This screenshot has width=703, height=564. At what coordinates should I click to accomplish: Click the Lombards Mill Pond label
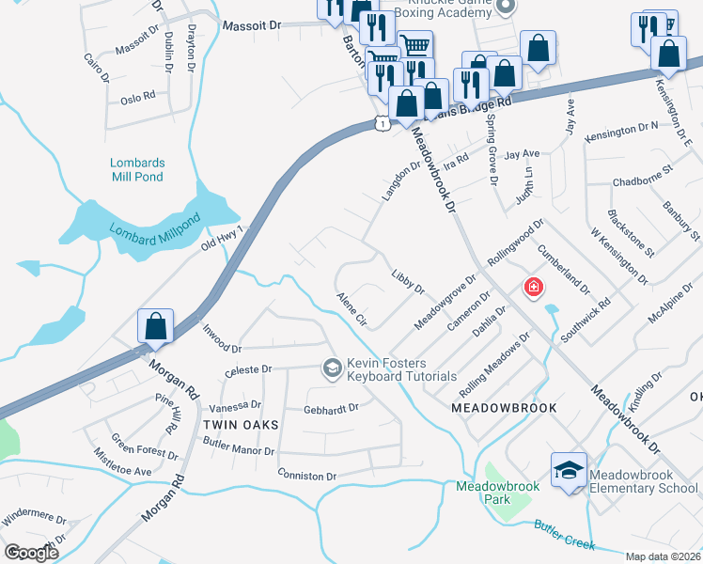136,169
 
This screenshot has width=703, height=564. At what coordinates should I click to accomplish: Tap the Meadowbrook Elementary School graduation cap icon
568,471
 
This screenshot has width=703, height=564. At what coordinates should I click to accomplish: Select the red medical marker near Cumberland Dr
533,287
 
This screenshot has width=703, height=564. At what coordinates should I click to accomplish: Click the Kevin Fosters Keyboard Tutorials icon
331,369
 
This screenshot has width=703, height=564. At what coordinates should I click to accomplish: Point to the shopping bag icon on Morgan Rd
156,327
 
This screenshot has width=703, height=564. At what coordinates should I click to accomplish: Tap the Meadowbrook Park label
496,493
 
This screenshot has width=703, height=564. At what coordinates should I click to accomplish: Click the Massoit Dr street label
250,26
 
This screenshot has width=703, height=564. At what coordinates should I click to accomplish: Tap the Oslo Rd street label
137,98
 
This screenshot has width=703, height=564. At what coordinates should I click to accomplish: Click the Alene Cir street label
351,309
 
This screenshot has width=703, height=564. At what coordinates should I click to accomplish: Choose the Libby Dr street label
408,280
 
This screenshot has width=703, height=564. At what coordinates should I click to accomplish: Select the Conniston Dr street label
306,476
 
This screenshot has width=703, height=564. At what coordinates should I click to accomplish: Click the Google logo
32,553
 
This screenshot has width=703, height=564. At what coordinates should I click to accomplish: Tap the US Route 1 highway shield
381,123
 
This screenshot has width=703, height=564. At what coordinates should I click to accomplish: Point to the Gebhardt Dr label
332,409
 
